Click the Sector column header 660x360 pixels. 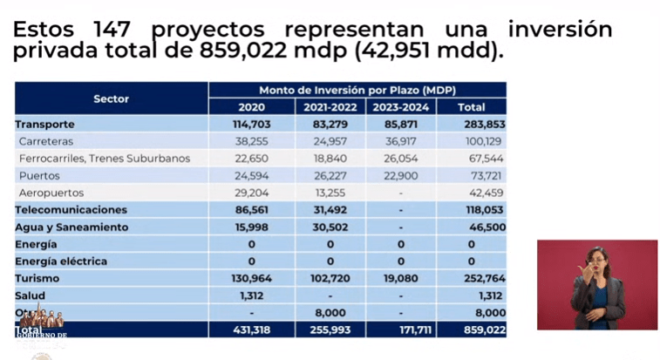point(111,98)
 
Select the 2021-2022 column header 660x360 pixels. point(330,107)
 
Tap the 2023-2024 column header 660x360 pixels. point(400,107)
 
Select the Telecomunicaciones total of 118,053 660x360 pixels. point(471,210)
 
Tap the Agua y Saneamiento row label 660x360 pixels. point(71,227)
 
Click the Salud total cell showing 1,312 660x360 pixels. point(471,295)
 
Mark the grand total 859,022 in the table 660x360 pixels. point(471,329)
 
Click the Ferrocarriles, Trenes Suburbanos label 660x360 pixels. point(105,159)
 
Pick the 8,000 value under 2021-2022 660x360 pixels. point(330,312)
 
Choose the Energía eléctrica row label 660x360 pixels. point(61,261)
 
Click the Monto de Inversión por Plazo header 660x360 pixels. point(357,91)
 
